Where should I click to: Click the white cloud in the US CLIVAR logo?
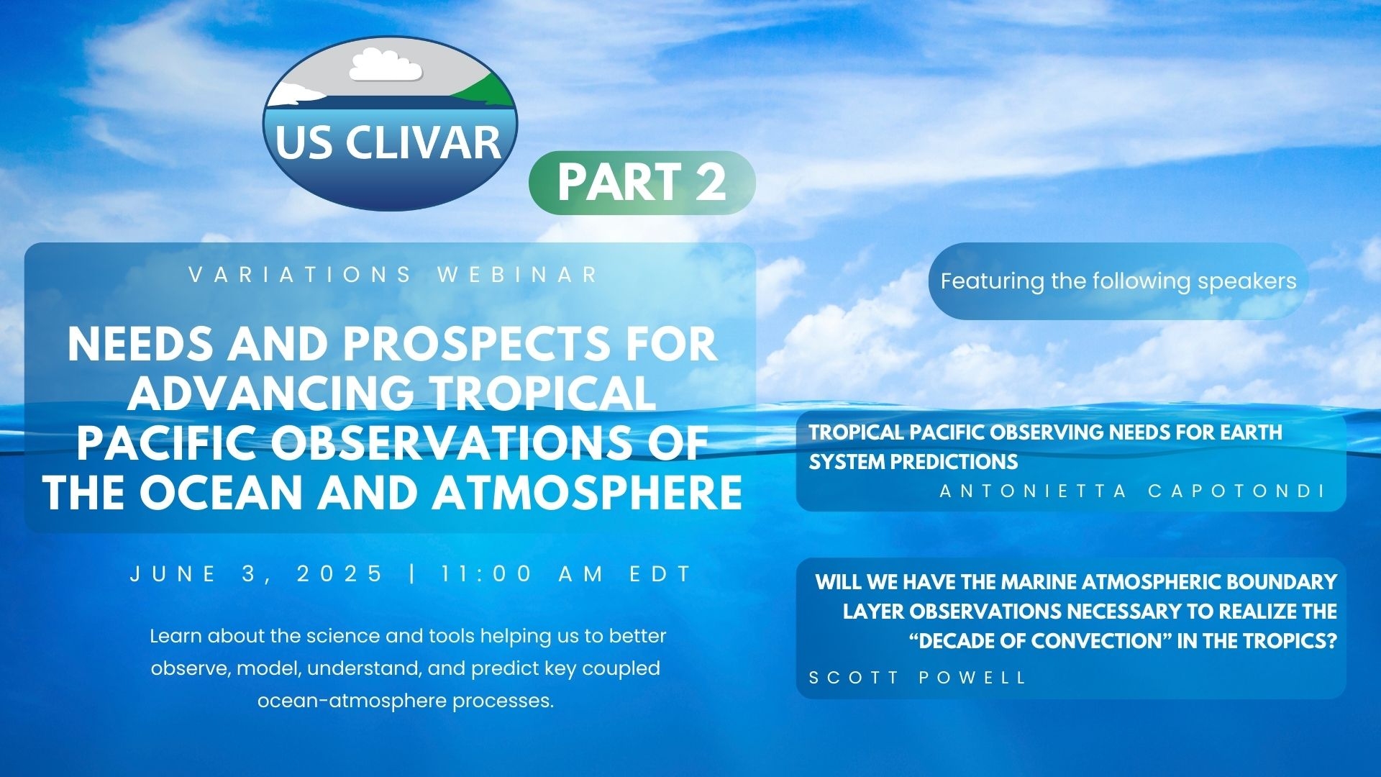coord(385,65)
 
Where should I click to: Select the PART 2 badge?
coord(642,182)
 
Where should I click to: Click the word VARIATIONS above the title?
coord(300,275)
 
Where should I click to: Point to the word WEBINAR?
coord(518,275)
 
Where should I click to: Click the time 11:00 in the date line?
coord(488,574)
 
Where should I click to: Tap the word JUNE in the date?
coord(173,574)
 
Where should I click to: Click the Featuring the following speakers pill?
coord(1118,281)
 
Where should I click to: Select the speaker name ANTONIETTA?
coord(1034,491)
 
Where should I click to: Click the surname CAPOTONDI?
coord(1237,491)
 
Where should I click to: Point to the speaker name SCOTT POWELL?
coord(918,678)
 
